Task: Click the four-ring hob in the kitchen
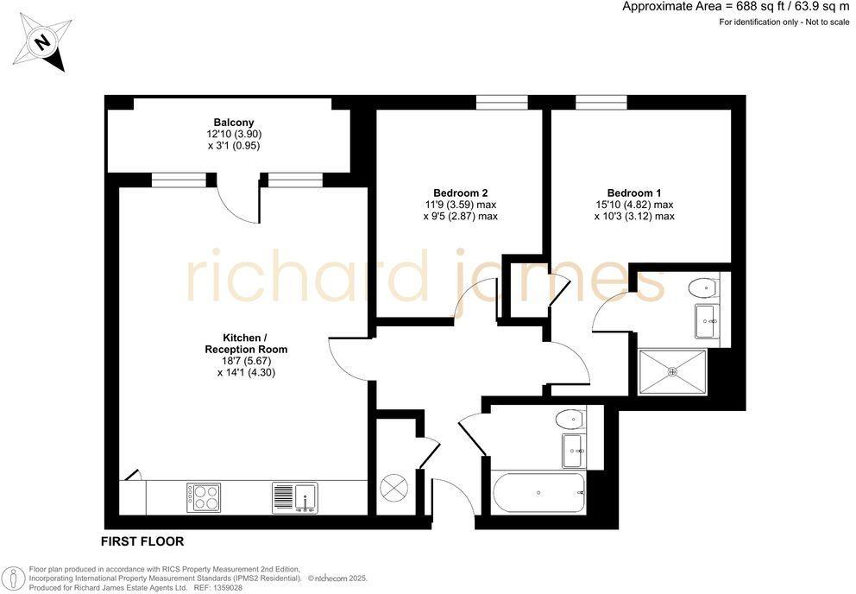click(204, 497)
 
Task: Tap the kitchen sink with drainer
click(295, 497)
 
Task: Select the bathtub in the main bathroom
click(538, 493)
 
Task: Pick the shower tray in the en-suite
click(672, 372)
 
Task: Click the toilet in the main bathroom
click(570, 420)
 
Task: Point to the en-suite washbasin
click(707, 320)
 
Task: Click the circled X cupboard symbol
click(393, 488)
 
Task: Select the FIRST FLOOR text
click(143, 542)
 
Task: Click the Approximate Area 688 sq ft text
click(736, 7)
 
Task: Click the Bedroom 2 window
click(501, 102)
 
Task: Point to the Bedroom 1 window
click(601, 102)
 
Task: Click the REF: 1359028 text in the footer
click(217, 587)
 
